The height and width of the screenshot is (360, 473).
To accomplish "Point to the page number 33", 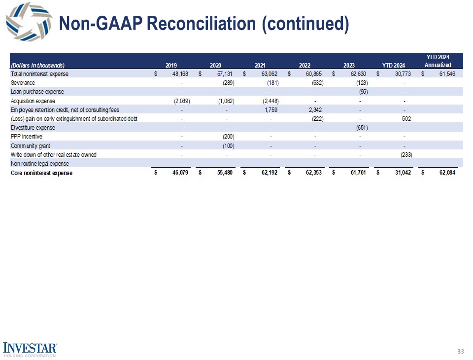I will [x=461, y=351].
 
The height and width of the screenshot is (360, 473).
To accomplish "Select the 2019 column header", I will [x=171, y=65].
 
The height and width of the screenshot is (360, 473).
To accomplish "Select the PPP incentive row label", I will [x=27, y=137].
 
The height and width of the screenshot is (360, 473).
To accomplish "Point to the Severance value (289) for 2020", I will [x=227, y=83].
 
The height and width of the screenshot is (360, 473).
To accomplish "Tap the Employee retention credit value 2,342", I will [x=313, y=109].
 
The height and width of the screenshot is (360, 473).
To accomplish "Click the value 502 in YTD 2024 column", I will [x=406, y=118].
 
